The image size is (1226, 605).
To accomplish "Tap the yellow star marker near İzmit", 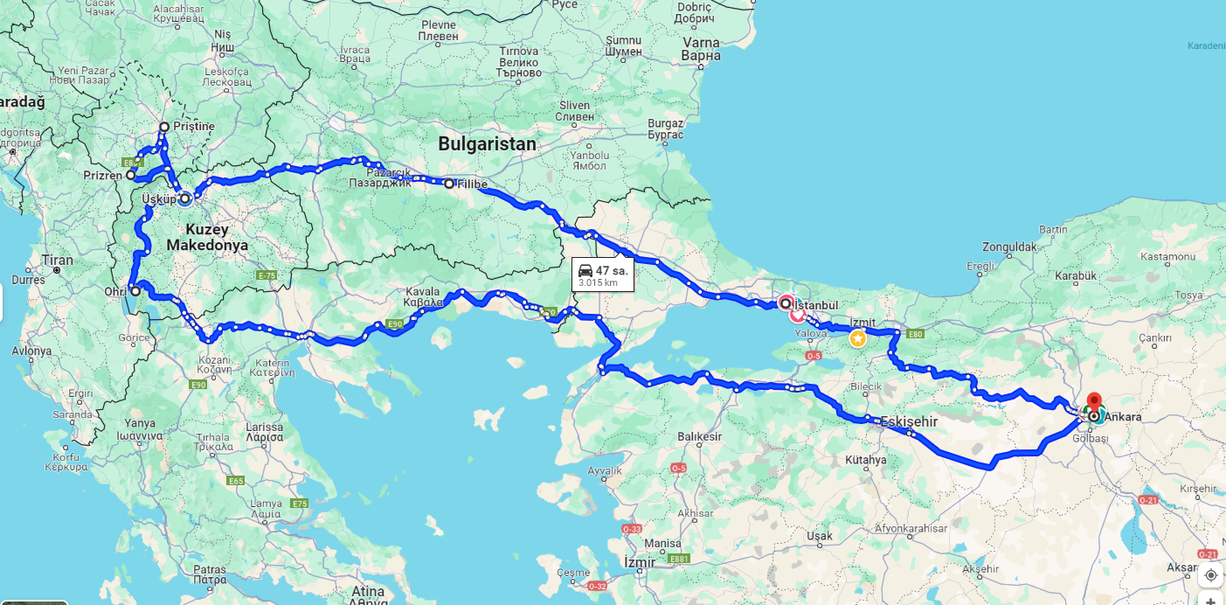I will pyautogui.click(x=858, y=338).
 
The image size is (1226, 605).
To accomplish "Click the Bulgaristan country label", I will pyautogui.click(x=487, y=144).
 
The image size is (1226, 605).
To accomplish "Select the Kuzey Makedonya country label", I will pyautogui.click(x=207, y=238).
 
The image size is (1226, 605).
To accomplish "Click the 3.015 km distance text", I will pyautogui.click(x=599, y=282).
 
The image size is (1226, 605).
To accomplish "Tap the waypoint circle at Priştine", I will pyautogui.click(x=163, y=127).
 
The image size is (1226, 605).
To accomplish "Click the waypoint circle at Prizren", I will pyautogui.click(x=130, y=175).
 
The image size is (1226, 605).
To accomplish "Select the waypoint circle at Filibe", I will pyautogui.click(x=449, y=184).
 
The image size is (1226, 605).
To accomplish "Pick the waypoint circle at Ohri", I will pyautogui.click(x=135, y=291).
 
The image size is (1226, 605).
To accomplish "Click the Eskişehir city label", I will pyautogui.click(x=909, y=421).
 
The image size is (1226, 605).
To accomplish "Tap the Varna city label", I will pyautogui.click(x=701, y=43).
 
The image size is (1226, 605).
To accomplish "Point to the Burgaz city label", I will pyautogui.click(x=666, y=123).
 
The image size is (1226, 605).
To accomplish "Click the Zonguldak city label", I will pyautogui.click(x=1009, y=247).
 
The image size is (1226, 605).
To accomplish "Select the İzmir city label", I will pyautogui.click(x=640, y=562).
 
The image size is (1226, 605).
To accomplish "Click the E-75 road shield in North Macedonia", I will pyautogui.click(x=267, y=275).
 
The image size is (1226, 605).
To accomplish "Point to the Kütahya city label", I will pyautogui.click(x=866, y=460).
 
